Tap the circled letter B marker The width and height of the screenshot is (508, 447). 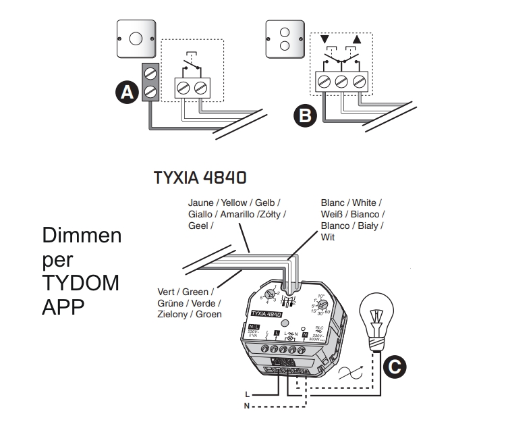pyautogui.click(x=306, y=115)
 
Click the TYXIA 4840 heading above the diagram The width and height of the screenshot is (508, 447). pyautogui.click(x=200, y=178)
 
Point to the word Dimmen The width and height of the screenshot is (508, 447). pyautogui.click(x=82, y=236)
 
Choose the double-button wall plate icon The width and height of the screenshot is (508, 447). pyautogui.click(x=285, y=38)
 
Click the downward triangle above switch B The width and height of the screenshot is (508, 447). pyautogui.click(x=325, y=39)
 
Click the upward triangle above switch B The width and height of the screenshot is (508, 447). pyautogui.click(x=357, y=39)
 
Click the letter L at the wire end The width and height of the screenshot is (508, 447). pyautogui.click(x=248, y=393)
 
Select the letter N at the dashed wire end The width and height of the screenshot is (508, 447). pyautogui.click(x=248, y=405)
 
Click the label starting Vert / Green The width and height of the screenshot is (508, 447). pyautogui.click(x=189, y=303)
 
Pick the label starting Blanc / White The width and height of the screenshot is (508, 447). pyautogui.click(x=351, y=219)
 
